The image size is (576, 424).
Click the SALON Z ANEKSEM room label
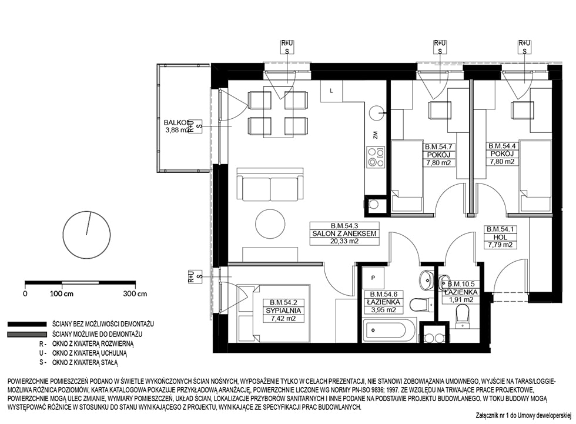click(344, 233)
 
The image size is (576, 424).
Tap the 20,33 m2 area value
click(344, 241)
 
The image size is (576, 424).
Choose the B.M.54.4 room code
click(502, 146)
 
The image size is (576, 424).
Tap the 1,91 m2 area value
click(461, 300)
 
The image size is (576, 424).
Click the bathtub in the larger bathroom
click(389, 330)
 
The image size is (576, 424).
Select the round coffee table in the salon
click(270, 223)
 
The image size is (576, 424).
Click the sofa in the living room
click(270, 185)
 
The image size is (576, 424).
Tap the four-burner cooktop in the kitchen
click(376, 157)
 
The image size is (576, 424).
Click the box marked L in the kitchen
click(331, 91)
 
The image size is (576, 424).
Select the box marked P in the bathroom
click(373, 278)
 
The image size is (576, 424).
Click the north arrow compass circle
click(87, 235)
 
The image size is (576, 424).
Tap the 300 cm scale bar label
click(135, 294)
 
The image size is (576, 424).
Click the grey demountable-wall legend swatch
click(27, 335)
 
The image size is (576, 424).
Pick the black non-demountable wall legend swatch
click(27, 325)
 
